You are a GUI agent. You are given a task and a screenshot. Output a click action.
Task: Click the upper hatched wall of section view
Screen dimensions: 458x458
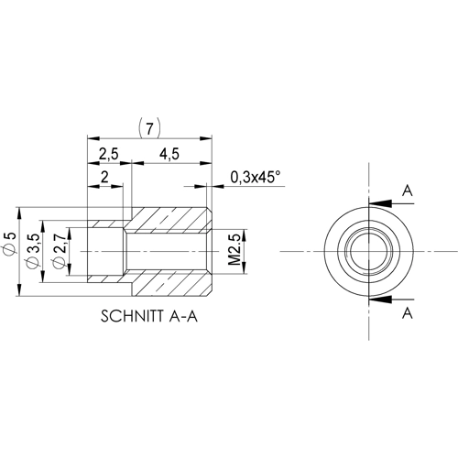click(169, 218)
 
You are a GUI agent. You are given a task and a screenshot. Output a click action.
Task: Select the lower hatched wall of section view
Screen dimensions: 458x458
click(169, 281)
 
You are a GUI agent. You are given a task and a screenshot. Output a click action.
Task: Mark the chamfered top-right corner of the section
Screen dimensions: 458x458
click(210, 207)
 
